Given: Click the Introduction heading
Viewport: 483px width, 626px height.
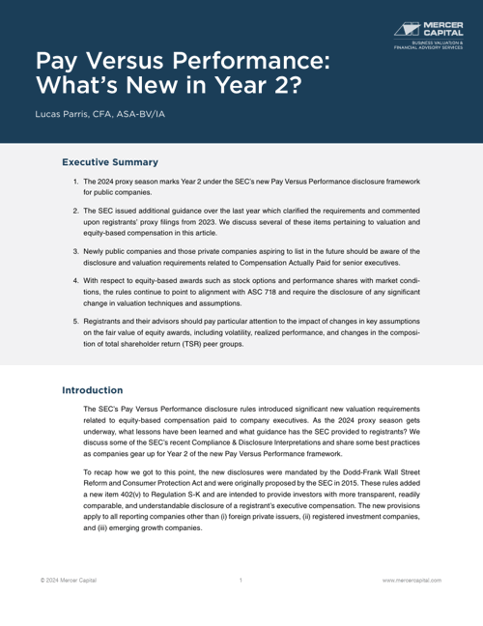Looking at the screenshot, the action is [93, 390].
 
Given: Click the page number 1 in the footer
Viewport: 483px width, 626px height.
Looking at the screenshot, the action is [241, 580].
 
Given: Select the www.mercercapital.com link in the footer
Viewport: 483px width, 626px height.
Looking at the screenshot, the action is [412, 580].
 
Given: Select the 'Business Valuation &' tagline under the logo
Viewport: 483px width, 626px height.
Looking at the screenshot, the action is [438, 43].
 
